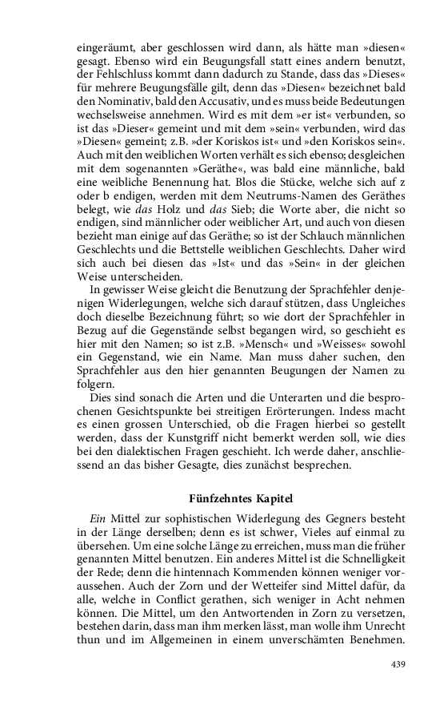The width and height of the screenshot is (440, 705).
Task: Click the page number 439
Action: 398,664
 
